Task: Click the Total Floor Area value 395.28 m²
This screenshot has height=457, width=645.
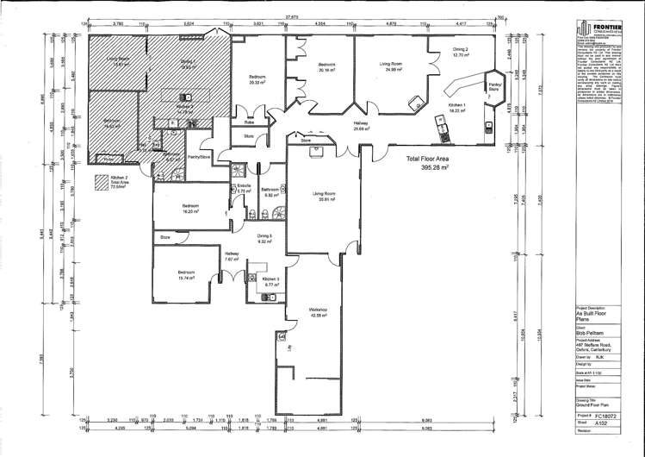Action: tap(430, 170)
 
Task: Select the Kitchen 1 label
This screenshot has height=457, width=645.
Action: tap(456, 107)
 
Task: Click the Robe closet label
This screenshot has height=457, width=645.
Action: tap(249, 122)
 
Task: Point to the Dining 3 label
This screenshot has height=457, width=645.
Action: tap(264, 238)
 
